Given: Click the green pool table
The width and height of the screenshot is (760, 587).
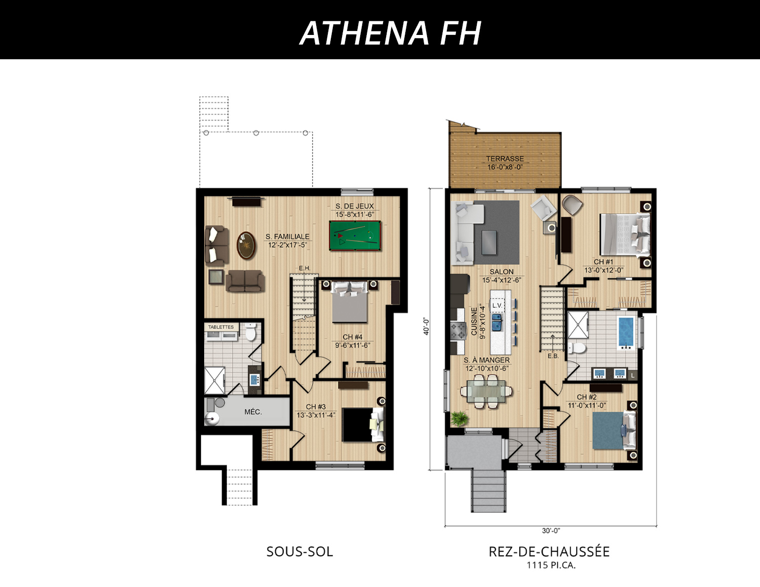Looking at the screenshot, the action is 355,236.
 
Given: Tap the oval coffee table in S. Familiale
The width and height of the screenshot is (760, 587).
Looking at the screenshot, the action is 246,246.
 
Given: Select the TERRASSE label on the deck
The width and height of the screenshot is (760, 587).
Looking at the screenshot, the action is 505,159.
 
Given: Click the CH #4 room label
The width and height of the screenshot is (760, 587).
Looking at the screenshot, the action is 353,337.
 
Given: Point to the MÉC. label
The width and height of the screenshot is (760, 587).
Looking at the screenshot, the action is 253,412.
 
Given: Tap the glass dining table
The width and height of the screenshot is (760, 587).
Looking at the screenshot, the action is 486,391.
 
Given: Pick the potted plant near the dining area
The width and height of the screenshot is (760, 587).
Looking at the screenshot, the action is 460,418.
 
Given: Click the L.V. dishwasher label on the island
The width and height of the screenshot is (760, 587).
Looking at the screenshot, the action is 497,305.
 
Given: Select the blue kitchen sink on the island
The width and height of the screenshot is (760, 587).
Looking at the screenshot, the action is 497,322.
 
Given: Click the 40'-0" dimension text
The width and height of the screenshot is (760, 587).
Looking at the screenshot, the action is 426,327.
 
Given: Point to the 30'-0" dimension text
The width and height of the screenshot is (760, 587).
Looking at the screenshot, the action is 551,531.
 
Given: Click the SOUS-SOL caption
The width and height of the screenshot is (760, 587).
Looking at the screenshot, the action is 300,552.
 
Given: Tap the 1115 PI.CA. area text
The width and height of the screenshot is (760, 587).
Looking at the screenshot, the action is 551,565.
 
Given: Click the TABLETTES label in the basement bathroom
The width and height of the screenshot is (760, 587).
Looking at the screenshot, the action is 221,327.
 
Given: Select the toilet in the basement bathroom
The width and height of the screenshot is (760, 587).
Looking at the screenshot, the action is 250,331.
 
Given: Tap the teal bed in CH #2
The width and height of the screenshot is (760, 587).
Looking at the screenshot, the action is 614,431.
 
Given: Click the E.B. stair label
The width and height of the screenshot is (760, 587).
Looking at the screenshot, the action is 553,356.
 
